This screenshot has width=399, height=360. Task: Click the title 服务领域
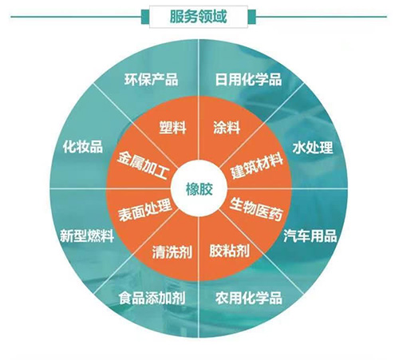tap(198, 17)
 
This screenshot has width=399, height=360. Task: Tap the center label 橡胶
tap(199, 189)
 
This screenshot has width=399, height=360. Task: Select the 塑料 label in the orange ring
tap(172, 127)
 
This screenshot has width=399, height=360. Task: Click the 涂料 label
tap(227, 127)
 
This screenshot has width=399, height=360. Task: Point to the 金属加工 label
tap(143, 166)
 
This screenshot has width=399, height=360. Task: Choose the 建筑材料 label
tap(256, 166)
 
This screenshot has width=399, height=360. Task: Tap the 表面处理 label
tap(144, 211)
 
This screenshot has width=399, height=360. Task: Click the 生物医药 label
tap(256, 209)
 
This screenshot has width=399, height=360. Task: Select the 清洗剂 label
tap(172, 251)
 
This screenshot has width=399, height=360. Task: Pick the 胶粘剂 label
tap(229, 251)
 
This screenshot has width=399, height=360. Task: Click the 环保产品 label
tap(151, 79)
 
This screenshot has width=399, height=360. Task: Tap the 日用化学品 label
tap(248, 79)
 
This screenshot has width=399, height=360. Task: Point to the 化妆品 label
tap(83, 146)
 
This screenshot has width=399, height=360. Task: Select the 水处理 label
tap(313, 148)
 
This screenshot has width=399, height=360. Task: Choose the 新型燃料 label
tap(87, 235)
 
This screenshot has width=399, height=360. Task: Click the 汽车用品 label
tap(310, 235)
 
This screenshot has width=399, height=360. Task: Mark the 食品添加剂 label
tap(152, 298)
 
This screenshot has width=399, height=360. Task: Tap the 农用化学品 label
tap(249, 298)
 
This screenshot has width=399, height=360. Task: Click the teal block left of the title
tap(145, 17)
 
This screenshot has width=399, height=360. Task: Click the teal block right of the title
tap(251, 17)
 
